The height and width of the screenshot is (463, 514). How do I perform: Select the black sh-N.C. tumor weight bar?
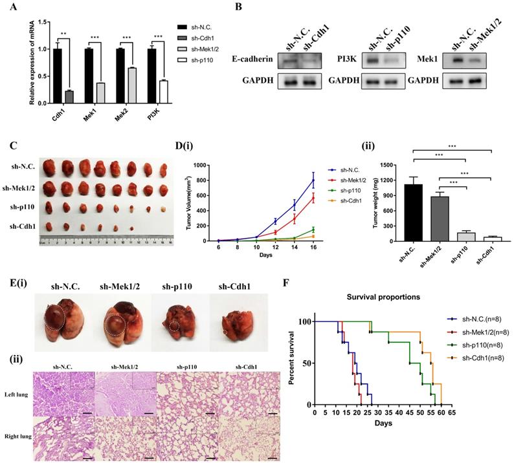412,212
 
